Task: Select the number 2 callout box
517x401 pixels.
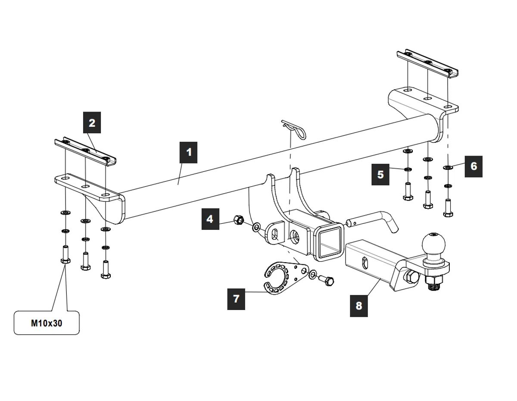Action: click(x=92, y=123)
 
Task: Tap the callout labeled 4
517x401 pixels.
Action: click(x=210, y=219)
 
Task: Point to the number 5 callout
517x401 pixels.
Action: click(x=380, y=174)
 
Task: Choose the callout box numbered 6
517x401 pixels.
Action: click(x=473, y=166)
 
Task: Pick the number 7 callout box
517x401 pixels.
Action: click(x=236, y=298)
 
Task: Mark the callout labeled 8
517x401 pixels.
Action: click(x=359, y=306)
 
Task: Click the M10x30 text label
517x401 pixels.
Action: click(x=47, y=323)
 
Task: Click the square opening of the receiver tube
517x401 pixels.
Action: click(x=330, y=242)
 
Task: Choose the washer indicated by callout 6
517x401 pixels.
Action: click(x=448, y=168)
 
